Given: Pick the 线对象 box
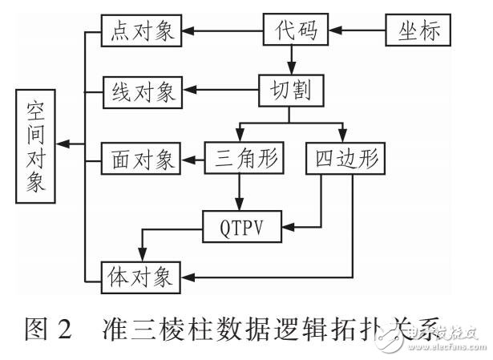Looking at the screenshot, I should (141, 87).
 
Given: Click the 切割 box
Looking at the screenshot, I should (290, 87).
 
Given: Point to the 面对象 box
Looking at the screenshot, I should (141, 157).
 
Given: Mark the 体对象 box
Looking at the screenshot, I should (141, 277).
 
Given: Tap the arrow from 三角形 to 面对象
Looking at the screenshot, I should (192, 157).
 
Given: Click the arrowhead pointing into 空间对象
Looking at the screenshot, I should (66, 145).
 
